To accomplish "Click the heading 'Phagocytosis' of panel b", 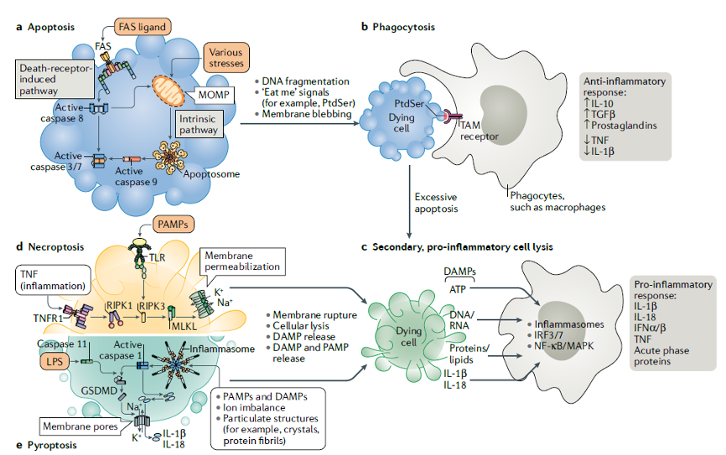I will pyautogui.click(x=402, y=28).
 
